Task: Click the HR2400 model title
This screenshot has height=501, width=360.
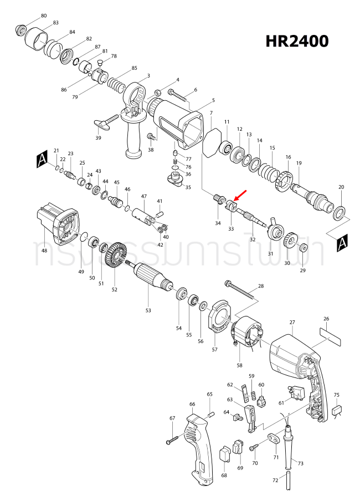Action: (296, 41)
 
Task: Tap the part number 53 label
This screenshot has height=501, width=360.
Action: (148, 310)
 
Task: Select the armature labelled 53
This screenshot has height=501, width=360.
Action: (150, 277)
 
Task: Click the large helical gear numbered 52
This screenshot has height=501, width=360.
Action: (115, 256)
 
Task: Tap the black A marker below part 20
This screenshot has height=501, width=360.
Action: (342, 243)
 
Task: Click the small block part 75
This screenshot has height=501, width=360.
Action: (336, 411)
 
